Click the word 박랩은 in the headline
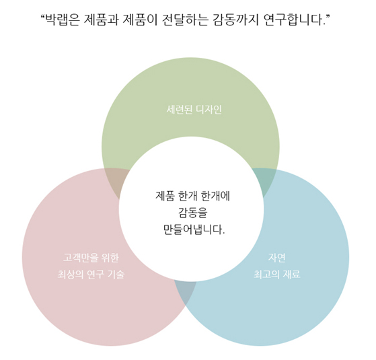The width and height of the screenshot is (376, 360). [x=63, y=20]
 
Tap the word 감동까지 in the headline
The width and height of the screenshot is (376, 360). [x=235, y=20]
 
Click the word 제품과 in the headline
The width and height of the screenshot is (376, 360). [x=101, y=20]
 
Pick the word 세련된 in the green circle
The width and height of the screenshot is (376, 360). [x=180, y=110]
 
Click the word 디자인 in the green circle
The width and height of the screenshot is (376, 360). [x=209, y=110]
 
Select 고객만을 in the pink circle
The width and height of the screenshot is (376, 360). [x=81, y=258]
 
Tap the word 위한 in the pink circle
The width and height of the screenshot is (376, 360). [x=110, y=258]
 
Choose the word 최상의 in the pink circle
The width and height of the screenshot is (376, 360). [x=71, y=274]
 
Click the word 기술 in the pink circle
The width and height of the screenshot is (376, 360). [x=116, y=274]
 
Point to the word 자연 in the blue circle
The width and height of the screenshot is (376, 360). [x=276, y=258]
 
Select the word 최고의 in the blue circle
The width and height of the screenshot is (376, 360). [x=266, y=274]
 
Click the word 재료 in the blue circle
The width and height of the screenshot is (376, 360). [x=291, y=274]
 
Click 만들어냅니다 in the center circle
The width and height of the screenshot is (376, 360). [x=194, y=229]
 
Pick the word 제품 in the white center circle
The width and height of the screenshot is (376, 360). [x=165, y=196]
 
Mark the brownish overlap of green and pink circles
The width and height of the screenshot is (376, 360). [x=116, y=181]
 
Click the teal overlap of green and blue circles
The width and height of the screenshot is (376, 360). [x=265, y=180]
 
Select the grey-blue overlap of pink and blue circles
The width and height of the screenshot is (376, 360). [x=186, y=291]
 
